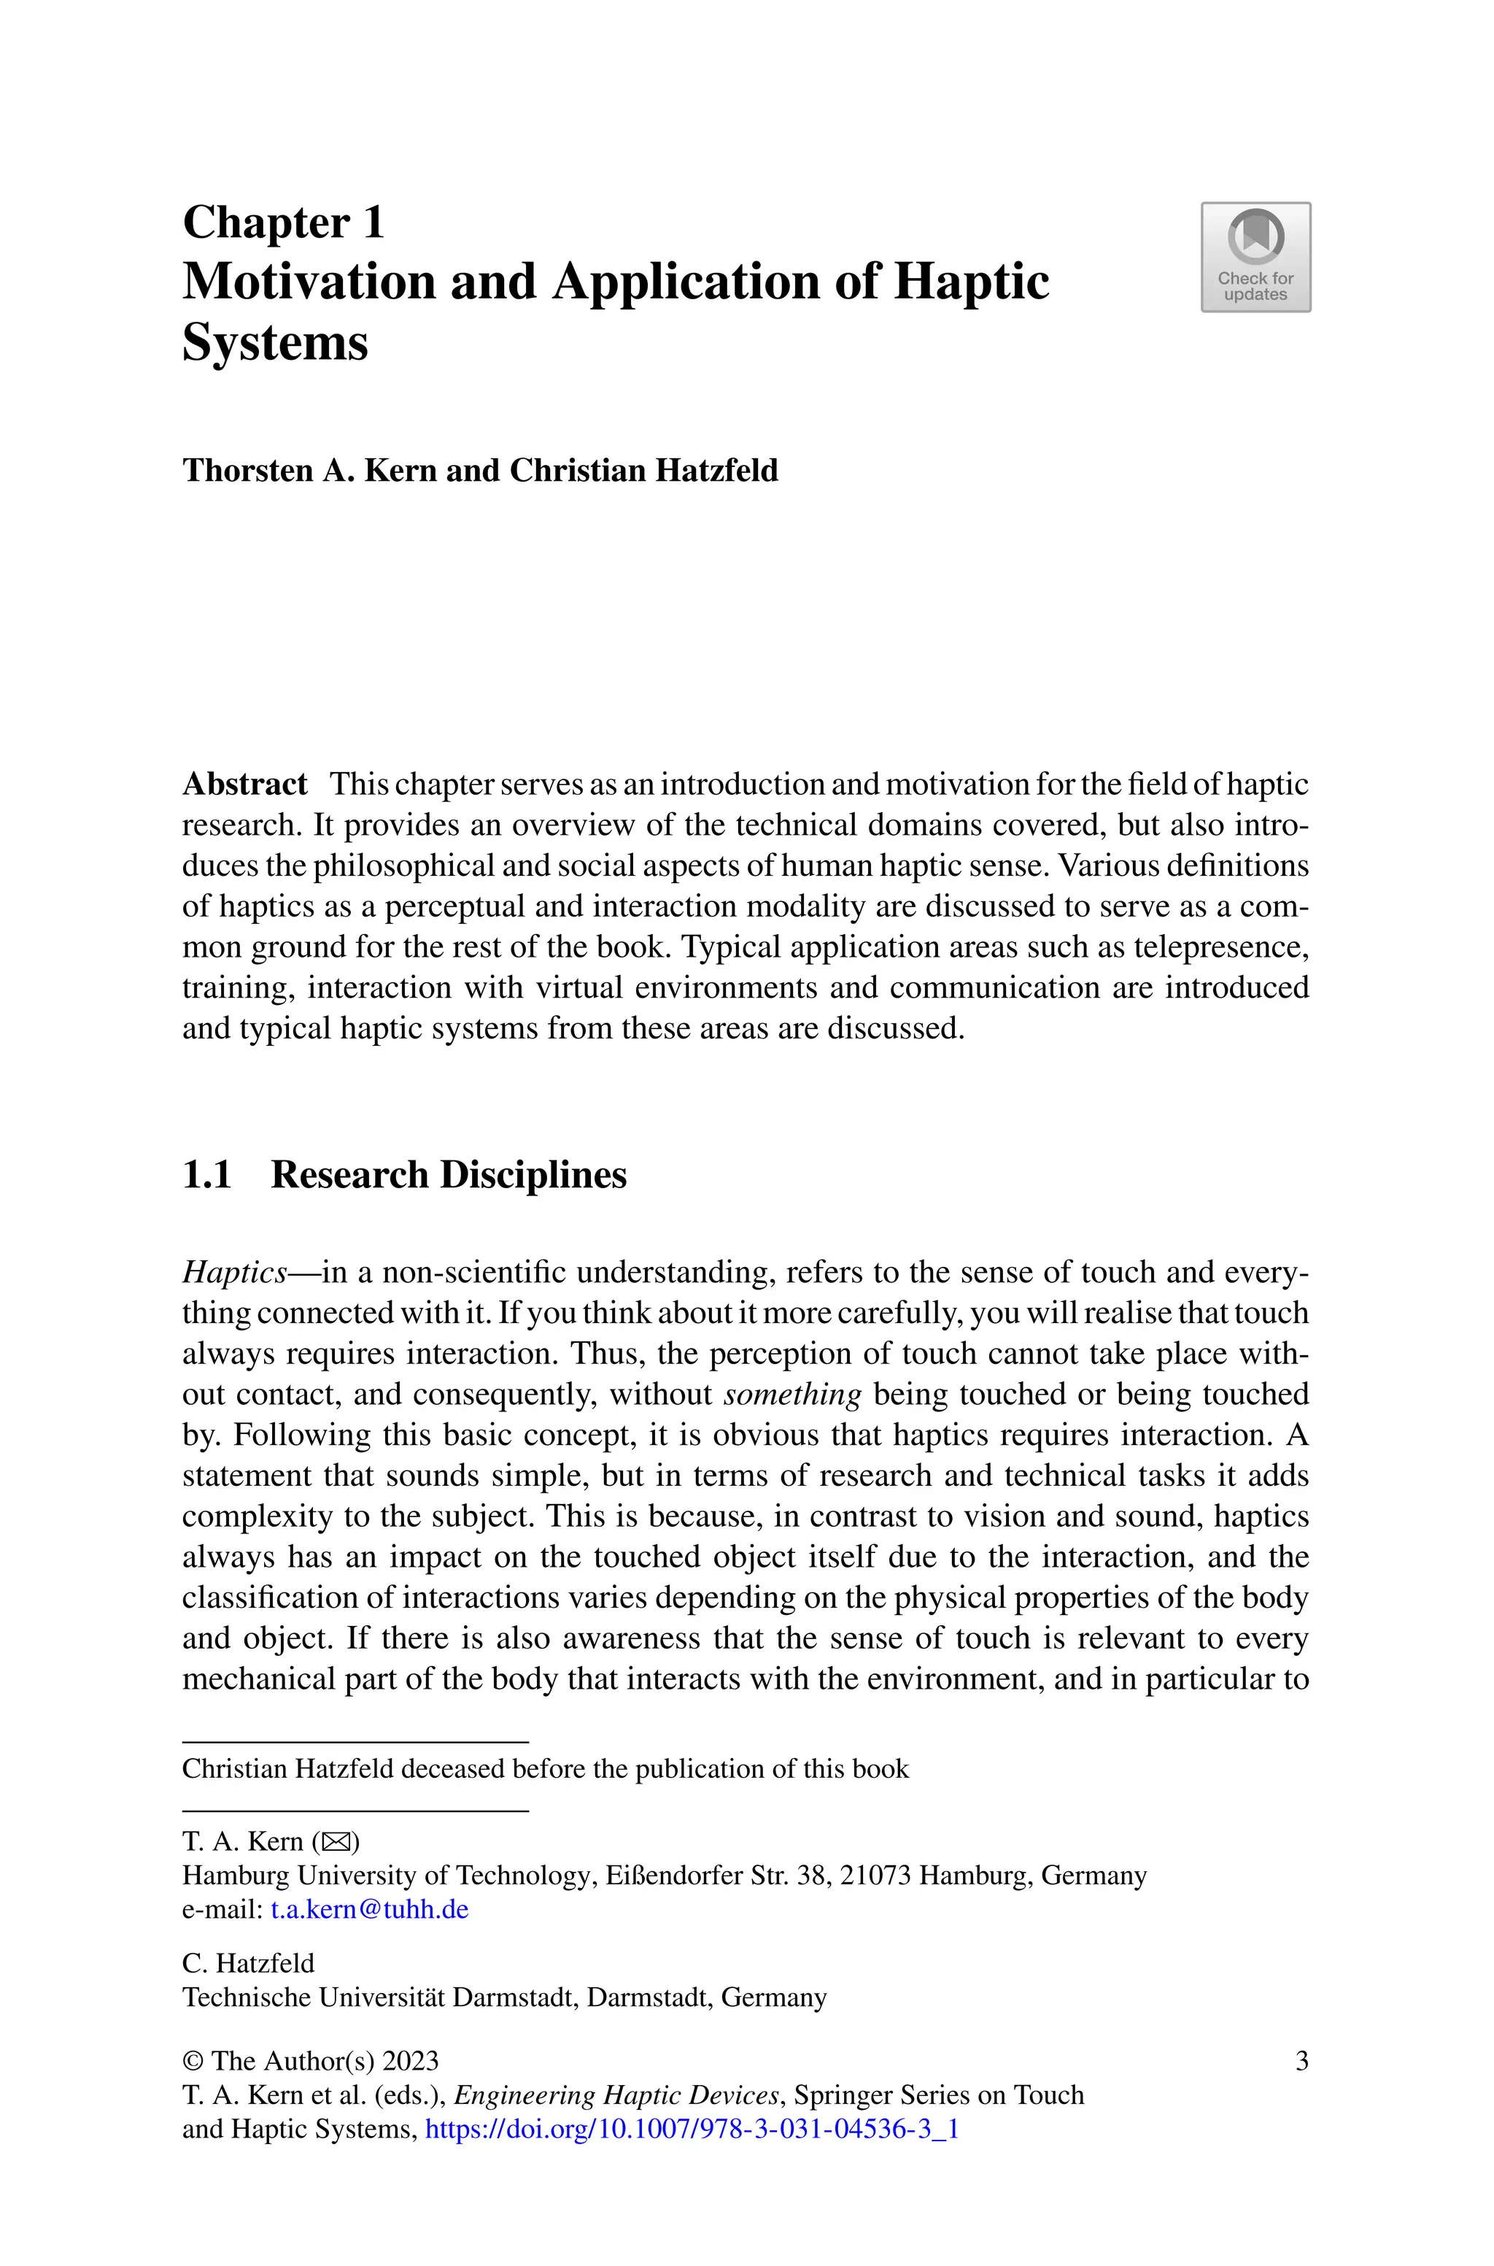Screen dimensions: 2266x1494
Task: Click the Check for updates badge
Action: tap(1255, 258)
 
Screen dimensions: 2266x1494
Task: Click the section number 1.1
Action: tap(206, 1175)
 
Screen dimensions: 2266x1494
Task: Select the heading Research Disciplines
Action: tap(448, 1175)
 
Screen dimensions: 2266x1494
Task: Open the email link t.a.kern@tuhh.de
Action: tap(370, 1910)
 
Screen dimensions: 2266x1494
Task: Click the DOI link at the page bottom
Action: tap(691, 2129)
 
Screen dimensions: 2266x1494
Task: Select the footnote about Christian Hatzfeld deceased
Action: tap(545, 1770)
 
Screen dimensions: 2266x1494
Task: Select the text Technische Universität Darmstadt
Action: tap(379, 1997)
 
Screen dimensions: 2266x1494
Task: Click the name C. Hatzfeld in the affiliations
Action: tap(248, 1963)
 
